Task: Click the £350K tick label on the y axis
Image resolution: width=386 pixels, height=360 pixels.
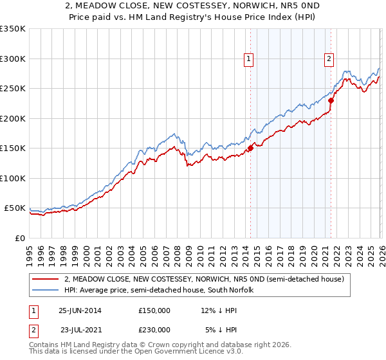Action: click(13, 29)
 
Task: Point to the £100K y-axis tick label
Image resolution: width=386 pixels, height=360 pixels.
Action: click(13, 178)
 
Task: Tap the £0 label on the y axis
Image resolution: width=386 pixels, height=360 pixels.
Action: click(19, 238)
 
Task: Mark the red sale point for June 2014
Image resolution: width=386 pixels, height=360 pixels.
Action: click(250, 148)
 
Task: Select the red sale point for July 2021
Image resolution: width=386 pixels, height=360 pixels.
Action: click(331, 100)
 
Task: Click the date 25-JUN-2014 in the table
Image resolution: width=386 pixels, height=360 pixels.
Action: click(80, 310)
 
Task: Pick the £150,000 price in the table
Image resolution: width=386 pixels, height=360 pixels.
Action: click(154, 310)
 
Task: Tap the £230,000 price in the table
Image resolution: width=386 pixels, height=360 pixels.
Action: click(154, 329)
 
